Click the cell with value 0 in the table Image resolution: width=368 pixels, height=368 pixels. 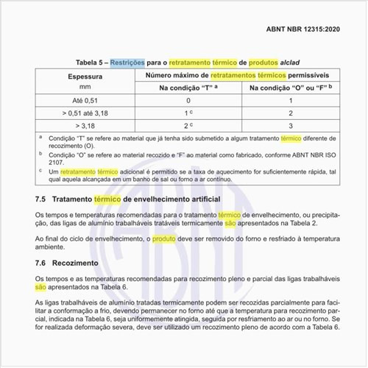coord(188,101)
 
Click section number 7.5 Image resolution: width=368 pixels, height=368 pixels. coord(41,199)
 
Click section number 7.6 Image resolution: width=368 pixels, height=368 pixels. coord(41,263)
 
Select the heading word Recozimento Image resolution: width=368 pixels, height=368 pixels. coord(82,263)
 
